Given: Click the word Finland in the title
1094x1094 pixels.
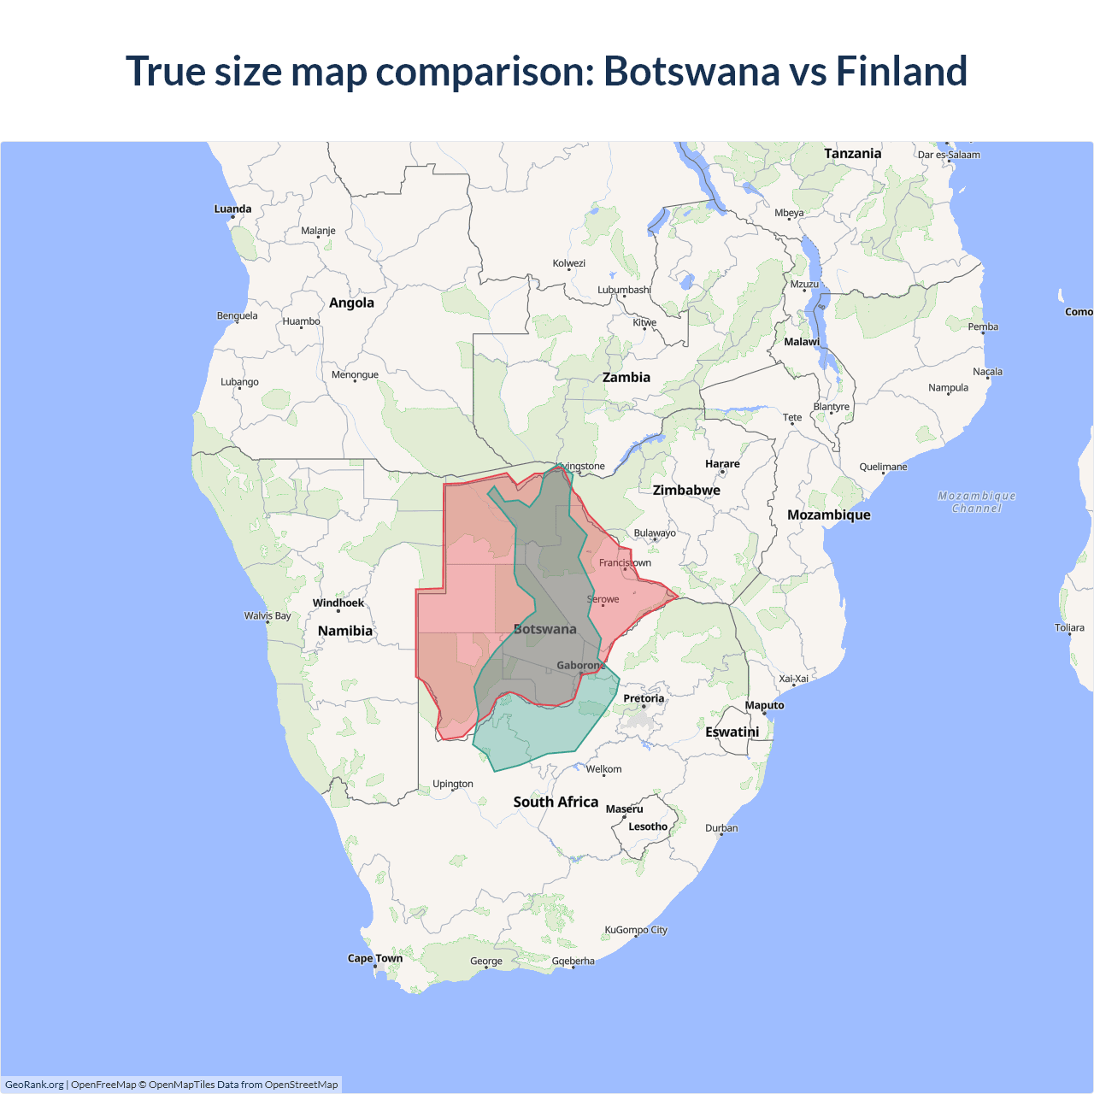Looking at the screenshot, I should [x=901, y=71].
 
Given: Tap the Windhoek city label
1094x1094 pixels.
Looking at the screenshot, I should [x=338, y=603].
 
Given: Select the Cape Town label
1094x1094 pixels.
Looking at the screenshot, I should [x=374, y=958].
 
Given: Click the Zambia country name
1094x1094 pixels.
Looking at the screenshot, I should [x=626, y=377].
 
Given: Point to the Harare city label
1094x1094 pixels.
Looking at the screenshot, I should [x=722, y=464].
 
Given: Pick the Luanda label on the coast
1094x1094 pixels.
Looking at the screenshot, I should [x=232, y=209].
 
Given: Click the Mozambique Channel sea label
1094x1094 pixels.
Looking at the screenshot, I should [x=976, y=502].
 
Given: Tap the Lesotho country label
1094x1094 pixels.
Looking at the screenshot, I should [x=648, y=826].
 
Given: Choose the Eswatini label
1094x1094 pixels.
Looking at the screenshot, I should [x=732, y=732].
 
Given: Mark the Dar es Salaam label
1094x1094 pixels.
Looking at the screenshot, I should [x=949, y=155].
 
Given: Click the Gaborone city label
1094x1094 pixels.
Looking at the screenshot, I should [x=581, y=665].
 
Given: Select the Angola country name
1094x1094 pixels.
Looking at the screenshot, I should [x=351, y=303].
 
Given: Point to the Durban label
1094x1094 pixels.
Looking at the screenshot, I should [x=721, y=828].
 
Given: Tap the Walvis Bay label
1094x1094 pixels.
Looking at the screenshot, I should [x=268, y=615].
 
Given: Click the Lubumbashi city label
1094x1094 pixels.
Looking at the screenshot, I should [x=624, y=290].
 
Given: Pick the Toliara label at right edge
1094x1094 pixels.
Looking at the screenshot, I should [x=1069, y=627].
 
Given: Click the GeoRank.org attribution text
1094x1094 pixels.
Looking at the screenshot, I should [x=34, y=1085].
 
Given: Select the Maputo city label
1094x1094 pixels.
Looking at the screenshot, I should [x=764, y=705].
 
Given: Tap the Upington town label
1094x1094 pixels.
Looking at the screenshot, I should [x=452, y=784].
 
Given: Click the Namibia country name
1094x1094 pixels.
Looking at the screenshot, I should [x=344, y=631].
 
